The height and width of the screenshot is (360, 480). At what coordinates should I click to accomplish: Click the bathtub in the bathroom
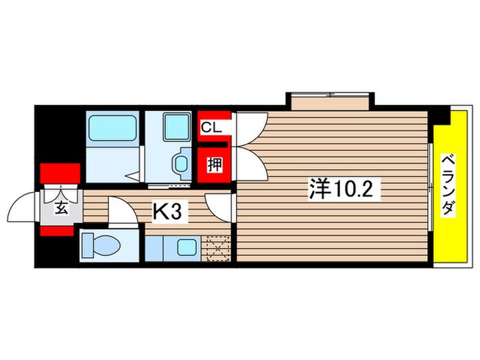tap(112, 128)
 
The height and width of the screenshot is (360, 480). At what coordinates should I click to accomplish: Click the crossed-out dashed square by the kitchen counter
tap(219, 249)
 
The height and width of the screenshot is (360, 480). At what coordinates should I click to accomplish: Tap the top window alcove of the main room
tap(331, 100)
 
